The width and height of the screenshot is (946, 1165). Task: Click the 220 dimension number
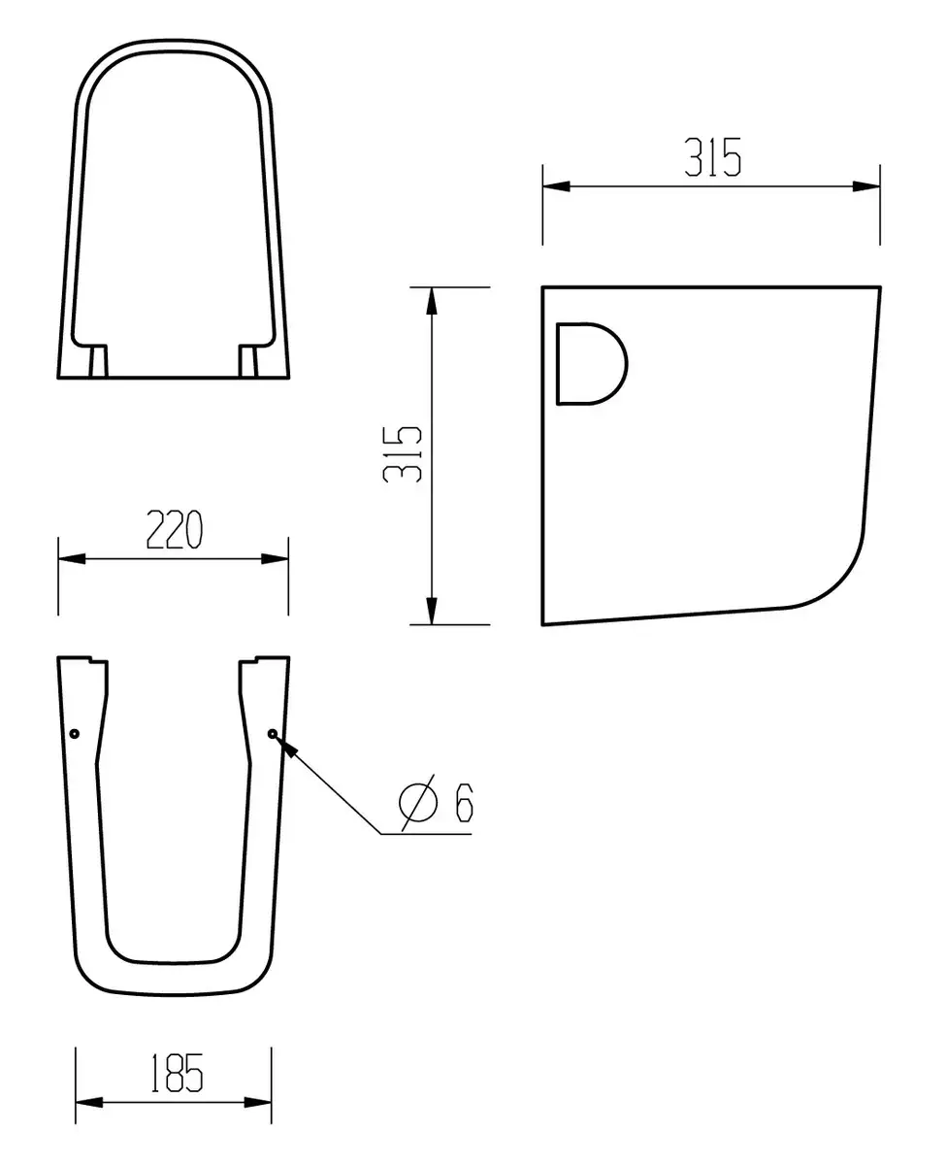coord(175,529)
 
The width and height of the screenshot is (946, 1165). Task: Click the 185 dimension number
coord(177,1073)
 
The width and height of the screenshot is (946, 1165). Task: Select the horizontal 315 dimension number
coord(712,157)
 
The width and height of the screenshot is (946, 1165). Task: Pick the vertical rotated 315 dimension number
coord(403,454)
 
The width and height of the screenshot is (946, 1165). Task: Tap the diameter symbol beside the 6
coord(418,802)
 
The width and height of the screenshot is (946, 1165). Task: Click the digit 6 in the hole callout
coord(464,802)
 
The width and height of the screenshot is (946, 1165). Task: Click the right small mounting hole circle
coord(273,733)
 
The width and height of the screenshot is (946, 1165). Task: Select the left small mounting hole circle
coord(75,733)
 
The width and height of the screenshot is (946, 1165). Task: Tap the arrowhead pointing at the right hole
coord(286,746)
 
